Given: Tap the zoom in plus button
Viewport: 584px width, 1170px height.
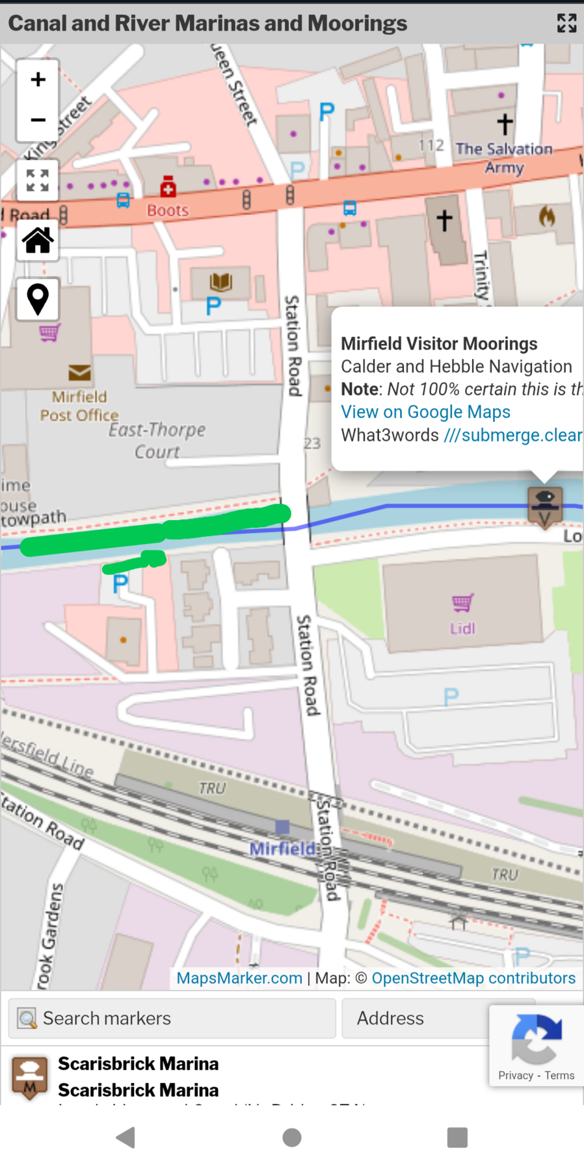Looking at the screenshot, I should (x=38, y=79).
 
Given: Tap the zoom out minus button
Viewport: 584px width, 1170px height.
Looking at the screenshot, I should (x=38, y=120).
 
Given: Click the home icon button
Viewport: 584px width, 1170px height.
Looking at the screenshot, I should (x=38, y=240).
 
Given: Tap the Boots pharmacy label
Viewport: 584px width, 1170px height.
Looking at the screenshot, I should (x=167, y=210).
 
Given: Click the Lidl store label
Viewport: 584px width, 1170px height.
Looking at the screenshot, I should (x=462, y=628).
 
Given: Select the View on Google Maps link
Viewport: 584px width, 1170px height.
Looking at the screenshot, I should (x=425, y=412).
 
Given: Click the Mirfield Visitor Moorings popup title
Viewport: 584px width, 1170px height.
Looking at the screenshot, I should (x=439, y=343).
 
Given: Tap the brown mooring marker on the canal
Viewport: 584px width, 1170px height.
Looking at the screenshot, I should (x=545, y=506).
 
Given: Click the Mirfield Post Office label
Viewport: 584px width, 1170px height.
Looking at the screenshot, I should (x=79, y=406).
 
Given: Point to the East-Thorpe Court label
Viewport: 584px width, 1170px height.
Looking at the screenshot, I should (x=157, y=440).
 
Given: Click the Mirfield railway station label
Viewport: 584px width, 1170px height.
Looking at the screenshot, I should (x=282, y=848).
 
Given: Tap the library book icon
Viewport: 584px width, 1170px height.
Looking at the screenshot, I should (x=220, y=281).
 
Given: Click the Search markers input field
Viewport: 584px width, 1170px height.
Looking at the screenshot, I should (x=172, y=1018).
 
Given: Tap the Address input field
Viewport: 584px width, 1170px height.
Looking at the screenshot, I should (x=416, y=1018).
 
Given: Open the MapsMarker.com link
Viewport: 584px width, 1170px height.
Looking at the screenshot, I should (x=239, y=978).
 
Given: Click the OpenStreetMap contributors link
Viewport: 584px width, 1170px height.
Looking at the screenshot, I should (x=473, y=978).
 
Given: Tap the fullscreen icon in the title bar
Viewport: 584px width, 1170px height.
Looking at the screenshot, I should (x=566, y=23).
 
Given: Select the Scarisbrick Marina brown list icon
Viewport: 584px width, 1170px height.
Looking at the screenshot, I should (x=29, y=1077).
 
